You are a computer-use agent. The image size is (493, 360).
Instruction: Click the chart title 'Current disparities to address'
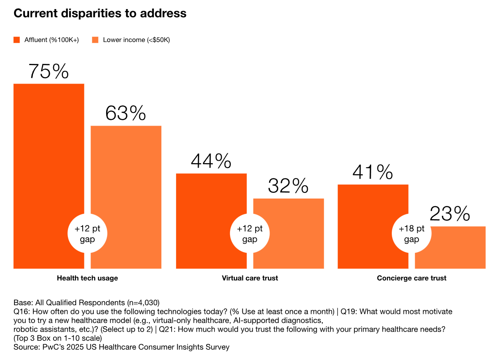tap(100, 13)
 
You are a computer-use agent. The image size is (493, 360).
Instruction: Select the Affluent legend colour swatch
tap(17, 40)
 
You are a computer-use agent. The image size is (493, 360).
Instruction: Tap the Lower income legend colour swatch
tap(95, 40)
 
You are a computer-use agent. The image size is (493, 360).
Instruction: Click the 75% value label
tap(49, 71)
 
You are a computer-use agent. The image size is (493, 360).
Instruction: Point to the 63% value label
tap(126, 113)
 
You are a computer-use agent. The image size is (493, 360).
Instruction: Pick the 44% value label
tap(211, 161)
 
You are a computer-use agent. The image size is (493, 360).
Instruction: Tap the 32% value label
tap(288, 186)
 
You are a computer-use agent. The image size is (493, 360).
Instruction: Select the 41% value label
tap(372, 172)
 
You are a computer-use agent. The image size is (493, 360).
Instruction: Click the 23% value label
tap(450, 214)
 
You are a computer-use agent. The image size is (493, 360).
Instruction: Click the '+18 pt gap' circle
tap(412, 234)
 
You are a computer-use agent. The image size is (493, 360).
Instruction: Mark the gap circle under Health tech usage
tap(87, 234)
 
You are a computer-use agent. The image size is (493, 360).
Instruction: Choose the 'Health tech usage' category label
tap(87, 278)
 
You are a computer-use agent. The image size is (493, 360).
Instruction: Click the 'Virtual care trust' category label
tap(250, 278)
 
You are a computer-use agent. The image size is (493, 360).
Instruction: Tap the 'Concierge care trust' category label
tap(412, 278)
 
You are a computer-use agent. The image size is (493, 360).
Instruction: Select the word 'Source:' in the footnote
tap(27, 347)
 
